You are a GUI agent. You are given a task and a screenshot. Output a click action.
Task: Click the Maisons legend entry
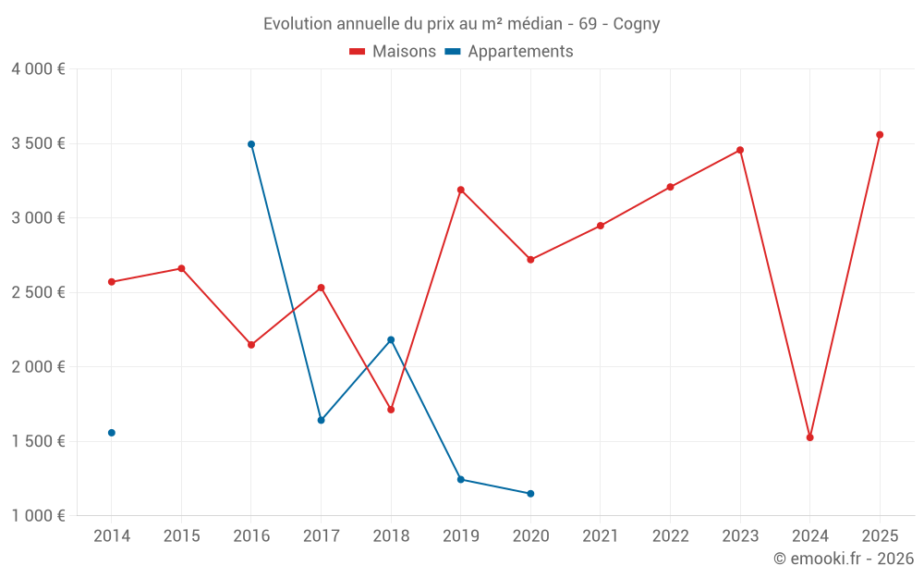(x=393, y=52)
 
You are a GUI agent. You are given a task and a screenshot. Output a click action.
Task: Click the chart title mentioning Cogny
(x=462, y=24)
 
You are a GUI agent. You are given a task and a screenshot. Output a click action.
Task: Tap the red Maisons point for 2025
(x=880, y=135)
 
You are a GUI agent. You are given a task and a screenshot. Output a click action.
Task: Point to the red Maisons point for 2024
(x=810, y=437)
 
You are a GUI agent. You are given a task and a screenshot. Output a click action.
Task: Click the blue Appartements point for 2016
(x=251, y=144)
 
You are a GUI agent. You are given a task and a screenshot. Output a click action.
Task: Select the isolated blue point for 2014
(x=112, y=433)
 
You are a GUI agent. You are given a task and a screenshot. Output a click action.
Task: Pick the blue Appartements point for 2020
(x=530, y=494)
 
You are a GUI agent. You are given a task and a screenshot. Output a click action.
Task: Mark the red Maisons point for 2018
(x=391, y=410)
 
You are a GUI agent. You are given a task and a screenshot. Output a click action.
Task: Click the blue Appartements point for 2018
(x=391, y=339)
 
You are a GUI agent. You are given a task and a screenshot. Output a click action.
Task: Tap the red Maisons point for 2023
(x=740, y=150)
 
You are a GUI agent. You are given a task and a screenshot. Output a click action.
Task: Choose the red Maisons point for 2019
(x=461, y=190)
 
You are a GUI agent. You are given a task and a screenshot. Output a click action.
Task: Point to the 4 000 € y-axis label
(x=38, y=69)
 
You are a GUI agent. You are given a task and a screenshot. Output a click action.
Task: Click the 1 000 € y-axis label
(x=38, y=516)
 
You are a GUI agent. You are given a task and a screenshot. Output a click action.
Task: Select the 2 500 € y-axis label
(x=38, y=292)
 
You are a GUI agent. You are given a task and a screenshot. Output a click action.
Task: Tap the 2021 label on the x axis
(x=601, y=536)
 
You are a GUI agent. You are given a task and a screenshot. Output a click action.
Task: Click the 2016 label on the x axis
(x=251, y=536)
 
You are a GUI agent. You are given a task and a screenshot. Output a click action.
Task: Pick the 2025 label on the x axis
(x=880, y=536)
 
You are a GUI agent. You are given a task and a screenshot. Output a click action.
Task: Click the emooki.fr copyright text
(x=844, y=559)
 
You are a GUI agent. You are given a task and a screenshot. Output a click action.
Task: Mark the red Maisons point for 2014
(x=112, y=282)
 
